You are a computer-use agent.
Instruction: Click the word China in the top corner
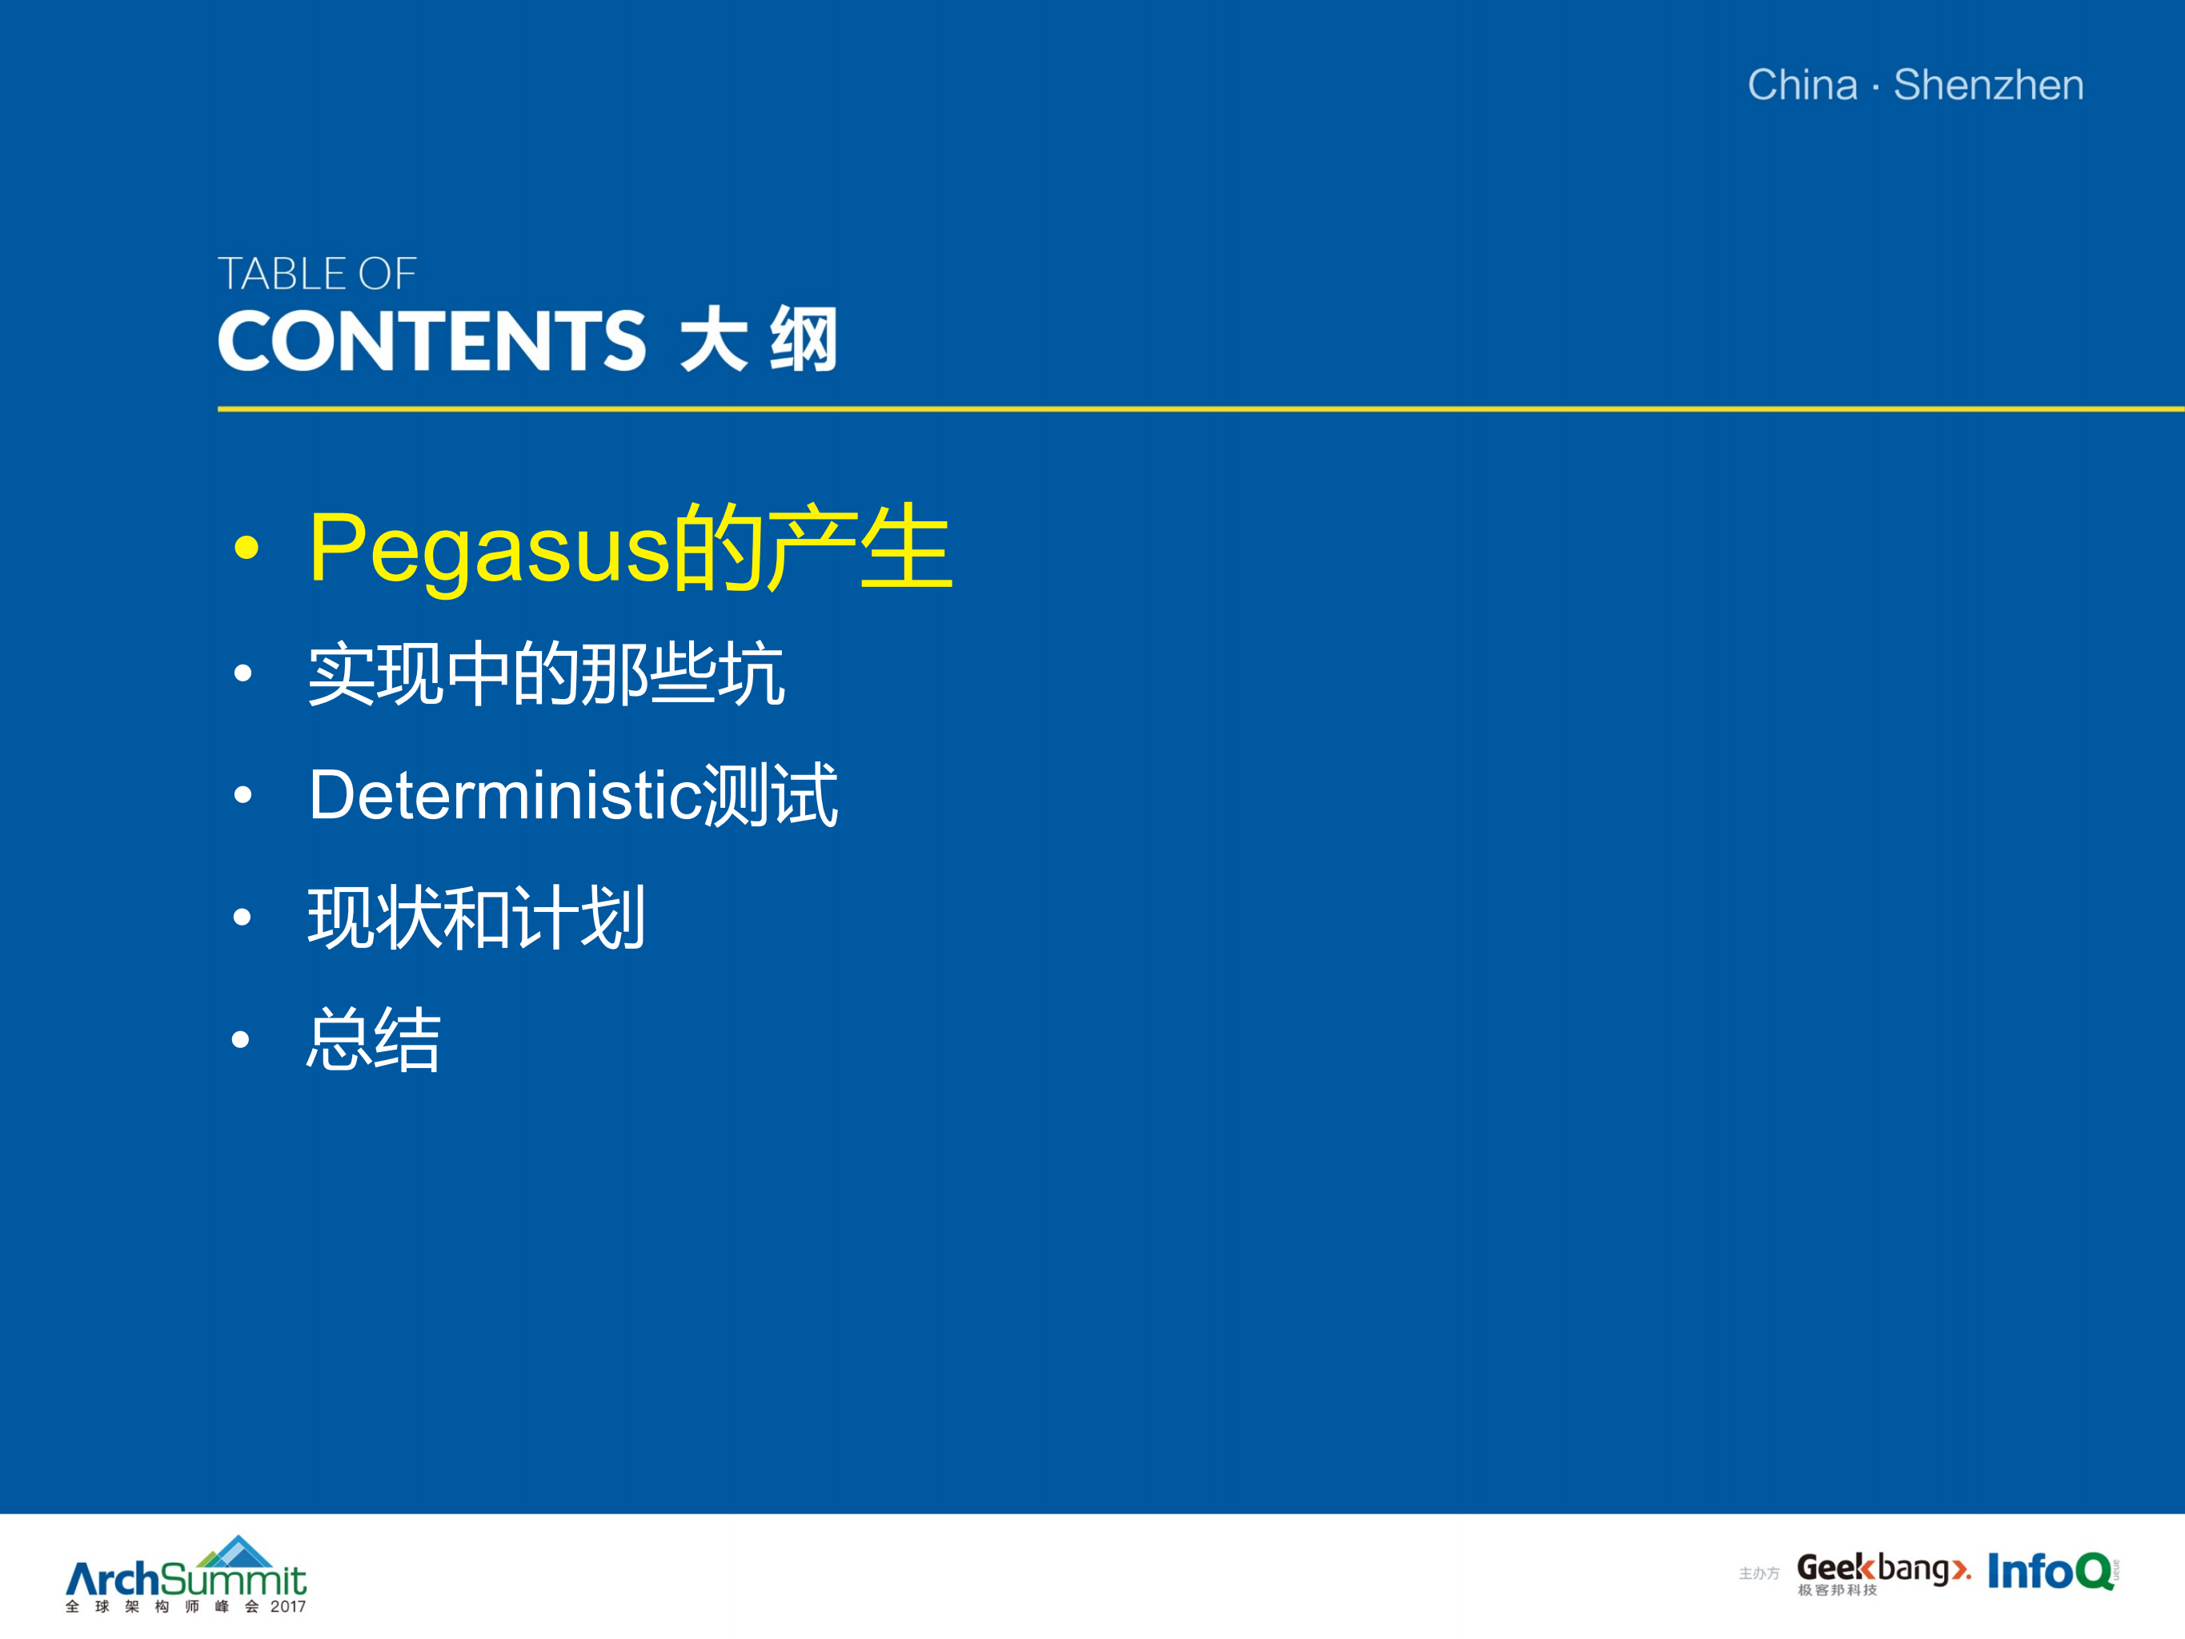coord(1802,85)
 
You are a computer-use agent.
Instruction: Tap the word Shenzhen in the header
coord(1988,85)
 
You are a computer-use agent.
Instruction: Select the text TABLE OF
coord(317,274)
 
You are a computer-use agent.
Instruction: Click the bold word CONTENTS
coord(431,341)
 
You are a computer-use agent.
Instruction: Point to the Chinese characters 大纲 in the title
coord(759,341)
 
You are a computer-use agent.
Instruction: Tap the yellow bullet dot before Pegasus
coord(246,548)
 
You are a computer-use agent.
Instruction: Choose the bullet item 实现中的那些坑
coord(546,675)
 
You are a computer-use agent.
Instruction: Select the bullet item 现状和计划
coord(476,918)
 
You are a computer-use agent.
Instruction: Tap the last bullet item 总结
coord(374,1039)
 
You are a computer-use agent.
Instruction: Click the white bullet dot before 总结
coord(241,1039)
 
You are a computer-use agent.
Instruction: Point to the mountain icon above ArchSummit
coord(237,1551)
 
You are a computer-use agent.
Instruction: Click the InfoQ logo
coord(2051,1571)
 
